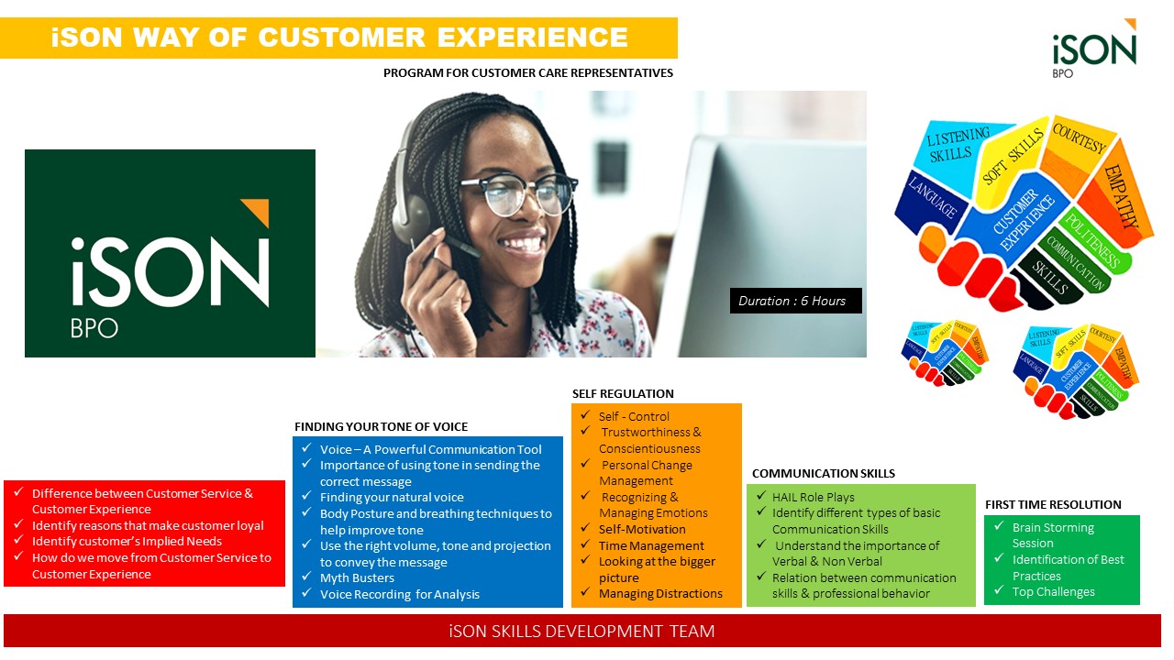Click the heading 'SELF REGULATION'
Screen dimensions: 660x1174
pyautogui.click(x=623, y=393)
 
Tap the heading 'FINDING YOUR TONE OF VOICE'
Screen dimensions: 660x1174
pyautogui.click(x=381, y=426)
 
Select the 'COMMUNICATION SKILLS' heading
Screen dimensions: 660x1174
pyautogui.click(x=823, y=473)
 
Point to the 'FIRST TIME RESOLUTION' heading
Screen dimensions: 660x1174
pyautogui.click(x=1053, y=504)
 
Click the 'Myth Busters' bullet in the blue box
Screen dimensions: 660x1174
pyautogui.click(x=357, y=577)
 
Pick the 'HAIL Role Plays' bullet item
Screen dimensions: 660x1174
pyautogui.click(x=813, y=497)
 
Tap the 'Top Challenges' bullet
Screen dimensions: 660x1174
pyautogui.click(x=1053, y=591)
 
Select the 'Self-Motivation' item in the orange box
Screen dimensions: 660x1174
pyautogui.click(x=642, y=529)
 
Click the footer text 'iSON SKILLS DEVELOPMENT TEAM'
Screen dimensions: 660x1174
pyautogui.click(x=581, y=631)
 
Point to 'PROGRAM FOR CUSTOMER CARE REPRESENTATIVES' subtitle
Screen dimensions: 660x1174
pyautogui.click(x=528, y=72)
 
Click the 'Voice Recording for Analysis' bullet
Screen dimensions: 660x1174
pyautogui.click(x=399, y=594)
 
